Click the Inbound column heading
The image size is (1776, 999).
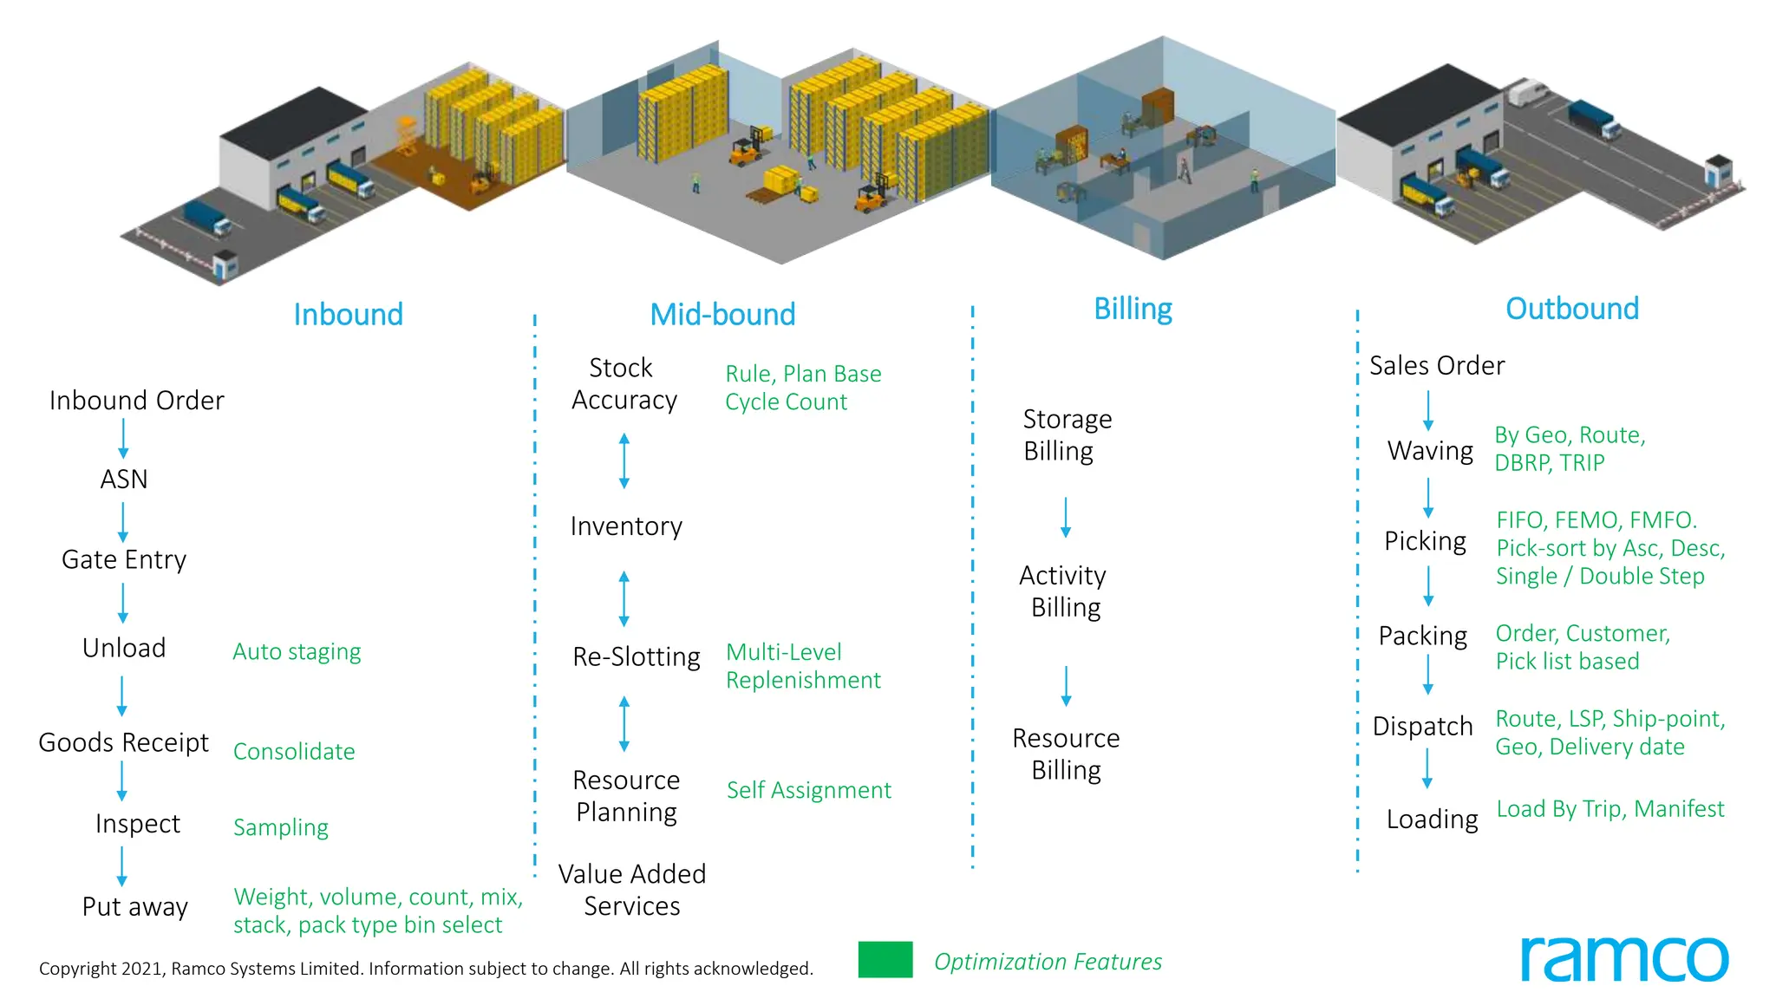point(348,314)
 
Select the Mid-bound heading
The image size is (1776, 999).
point(722,314)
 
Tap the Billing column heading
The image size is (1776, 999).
point(1133,309)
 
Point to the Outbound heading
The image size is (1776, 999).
point(1571,309)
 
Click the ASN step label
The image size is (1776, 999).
point(124,479)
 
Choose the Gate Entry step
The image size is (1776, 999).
point(124,559)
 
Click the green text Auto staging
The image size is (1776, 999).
point(297,651)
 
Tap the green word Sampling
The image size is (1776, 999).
point(281,827)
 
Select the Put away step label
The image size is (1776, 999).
point(134,906)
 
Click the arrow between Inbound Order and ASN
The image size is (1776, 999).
point(123,438)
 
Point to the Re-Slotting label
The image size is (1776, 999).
point(636,656)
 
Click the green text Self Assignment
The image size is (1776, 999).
point(808,790)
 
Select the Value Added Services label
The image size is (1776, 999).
point(631,889)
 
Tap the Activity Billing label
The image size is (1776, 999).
point(1064,591)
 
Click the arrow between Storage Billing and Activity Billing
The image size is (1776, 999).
point(1066,517)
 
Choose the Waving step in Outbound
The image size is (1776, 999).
point(1429,450)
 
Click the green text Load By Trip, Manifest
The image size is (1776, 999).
point(1609,809)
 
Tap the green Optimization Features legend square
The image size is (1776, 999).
point(885,959)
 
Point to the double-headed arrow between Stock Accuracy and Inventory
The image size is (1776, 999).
point(624,461)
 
